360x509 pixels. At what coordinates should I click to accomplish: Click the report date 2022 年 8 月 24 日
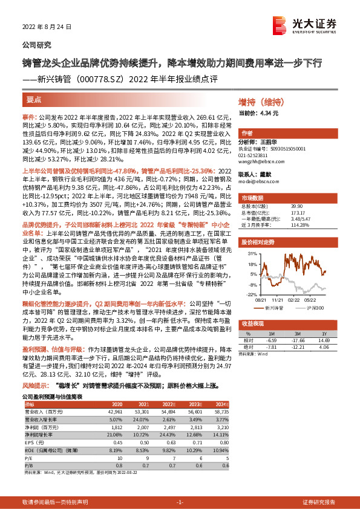point(47,27)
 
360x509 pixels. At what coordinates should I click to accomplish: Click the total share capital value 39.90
point(298,206)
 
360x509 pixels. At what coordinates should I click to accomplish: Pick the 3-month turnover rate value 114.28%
point(301,224)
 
